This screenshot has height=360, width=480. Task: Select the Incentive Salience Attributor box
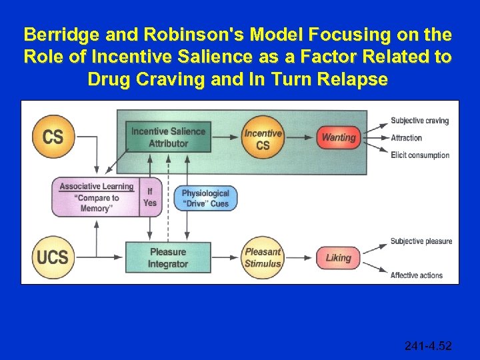pyautogui.click(x=168, y=137)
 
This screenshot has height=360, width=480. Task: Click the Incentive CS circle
pyautogui.click(x=263, y=138)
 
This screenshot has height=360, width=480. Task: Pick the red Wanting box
pyautogui.click(x=338, y=137)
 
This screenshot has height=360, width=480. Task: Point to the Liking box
pyautogui.click(x=338, y=258)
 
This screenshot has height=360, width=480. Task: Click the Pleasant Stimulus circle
pyautogui.click(x=263, y=258)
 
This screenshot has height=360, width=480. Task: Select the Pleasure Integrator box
pyautogui.click(x=168, y=258)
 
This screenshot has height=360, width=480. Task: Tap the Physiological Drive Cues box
pyautogui.click(x=205, y=198)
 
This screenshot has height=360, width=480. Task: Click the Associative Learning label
pyautogui.click(x=97, y=186)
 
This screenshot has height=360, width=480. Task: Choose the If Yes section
pyautogui.click(x=150, y=197)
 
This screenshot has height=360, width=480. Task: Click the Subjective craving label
pyautogui.click(x=419, y=121)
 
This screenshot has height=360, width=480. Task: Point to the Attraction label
pyautogui.click(x=406, y=138)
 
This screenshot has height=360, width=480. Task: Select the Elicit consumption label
pyautogui.click(x=420, y=155)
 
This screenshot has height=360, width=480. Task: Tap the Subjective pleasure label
pyautogui.click(x=421, y=241)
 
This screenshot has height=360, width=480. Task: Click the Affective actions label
pyautogui.click(x=417, y=275)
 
